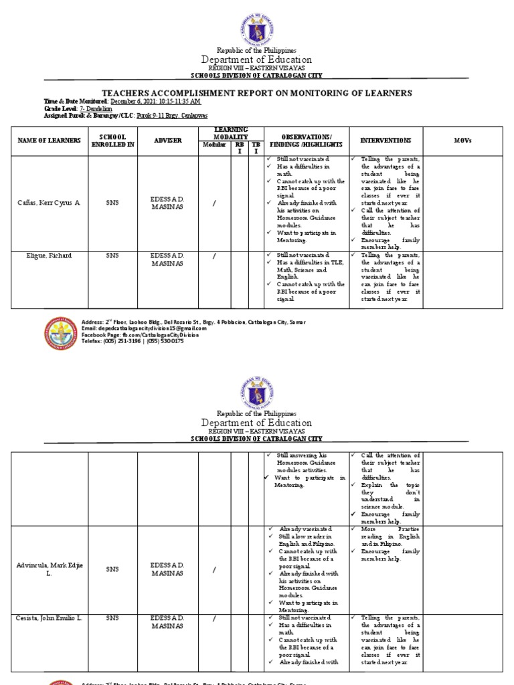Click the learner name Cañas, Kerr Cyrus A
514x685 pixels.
coord(48,203)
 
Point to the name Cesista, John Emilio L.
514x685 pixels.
coord(49,618)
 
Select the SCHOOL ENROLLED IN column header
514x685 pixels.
coord(113,140)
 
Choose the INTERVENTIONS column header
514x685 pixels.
coord(386,140)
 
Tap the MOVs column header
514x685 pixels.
coord(462,140)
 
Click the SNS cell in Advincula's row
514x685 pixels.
coord(112,569)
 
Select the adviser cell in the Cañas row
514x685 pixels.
coord(167,203)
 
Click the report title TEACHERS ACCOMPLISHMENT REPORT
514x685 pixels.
coord(256,93)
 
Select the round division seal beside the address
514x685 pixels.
coord(61,333)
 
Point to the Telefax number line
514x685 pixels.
coord(132,340)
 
